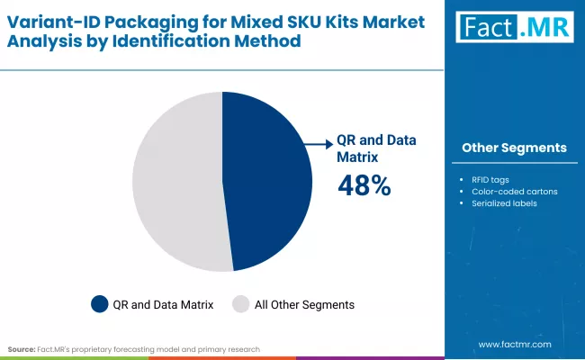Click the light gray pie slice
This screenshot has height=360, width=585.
click(x=175, y=180)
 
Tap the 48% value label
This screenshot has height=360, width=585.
click(x=364, y=186)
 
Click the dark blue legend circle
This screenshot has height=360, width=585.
click(x=100, y=304)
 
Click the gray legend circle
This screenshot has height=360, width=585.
click(x=240, y=304)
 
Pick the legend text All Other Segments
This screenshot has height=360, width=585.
click(x=303, y=305)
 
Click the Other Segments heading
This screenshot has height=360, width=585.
click(x=514, y=148)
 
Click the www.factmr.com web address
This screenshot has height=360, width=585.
click(x=515, y=344)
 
